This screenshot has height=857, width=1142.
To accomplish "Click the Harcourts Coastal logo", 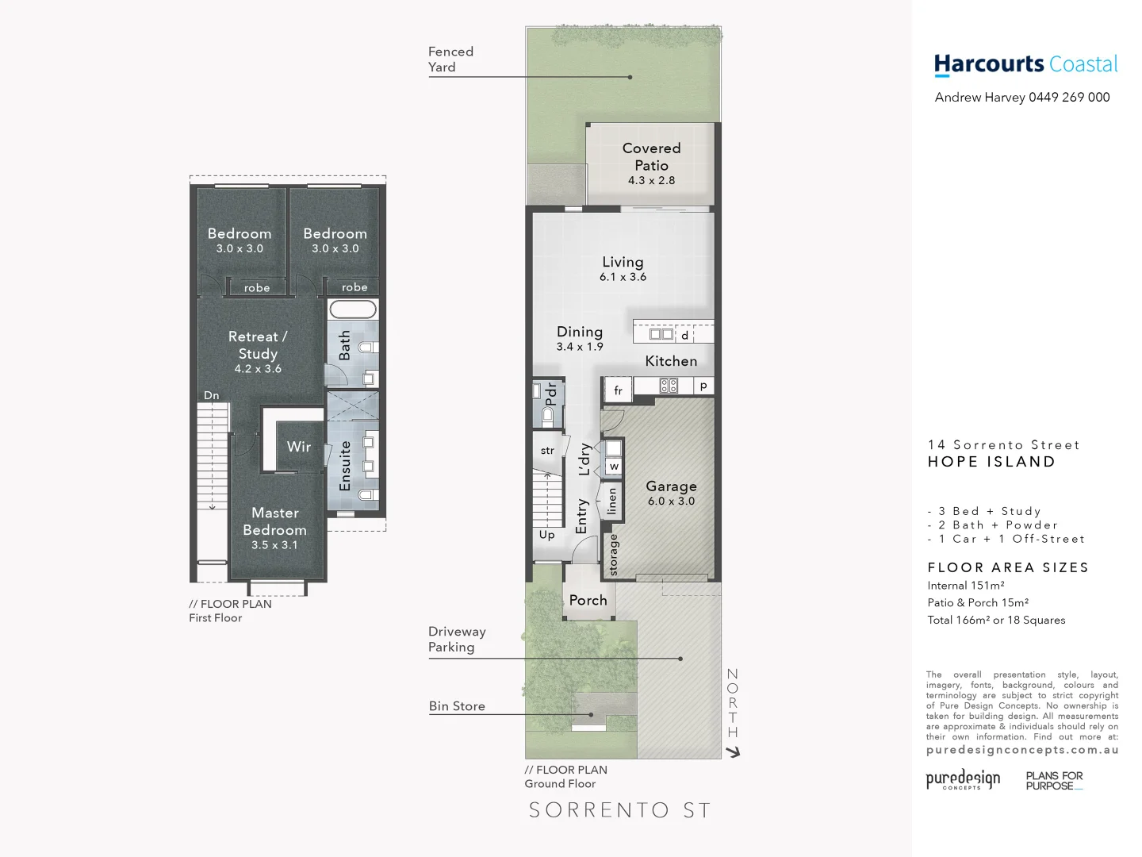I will (1025, 64).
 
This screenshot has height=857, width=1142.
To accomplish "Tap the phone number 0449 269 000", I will (1069, 98).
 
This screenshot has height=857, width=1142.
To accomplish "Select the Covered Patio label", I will (651, 157).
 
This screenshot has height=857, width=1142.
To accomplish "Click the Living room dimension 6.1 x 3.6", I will (623, 277).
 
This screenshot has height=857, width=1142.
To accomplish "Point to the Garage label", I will (671, 486).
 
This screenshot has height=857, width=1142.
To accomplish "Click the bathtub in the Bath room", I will (353, 309).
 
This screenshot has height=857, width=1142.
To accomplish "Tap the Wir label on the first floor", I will (299, 447).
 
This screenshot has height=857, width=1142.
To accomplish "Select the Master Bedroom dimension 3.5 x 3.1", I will (274, 545).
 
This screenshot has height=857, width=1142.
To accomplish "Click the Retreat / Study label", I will (258, 345).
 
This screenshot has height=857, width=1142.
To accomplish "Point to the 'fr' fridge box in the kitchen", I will (618, 390).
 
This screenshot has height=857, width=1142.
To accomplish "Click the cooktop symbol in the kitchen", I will (669, 386).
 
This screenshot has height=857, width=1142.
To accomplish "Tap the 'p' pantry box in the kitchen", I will (703, 386).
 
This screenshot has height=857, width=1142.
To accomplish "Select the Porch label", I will (588, 601).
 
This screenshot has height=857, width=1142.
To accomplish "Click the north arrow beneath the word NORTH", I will (734, 751).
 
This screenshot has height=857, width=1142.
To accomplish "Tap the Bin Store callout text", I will (457, 706).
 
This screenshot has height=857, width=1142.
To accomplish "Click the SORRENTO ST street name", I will (619, 810).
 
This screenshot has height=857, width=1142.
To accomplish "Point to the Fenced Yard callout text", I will (450, 60).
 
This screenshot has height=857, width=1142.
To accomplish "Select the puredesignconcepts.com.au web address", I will (1022, 750).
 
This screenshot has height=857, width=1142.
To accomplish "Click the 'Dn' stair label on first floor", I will (212, 395).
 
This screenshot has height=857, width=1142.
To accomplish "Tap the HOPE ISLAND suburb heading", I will (991, 462).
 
